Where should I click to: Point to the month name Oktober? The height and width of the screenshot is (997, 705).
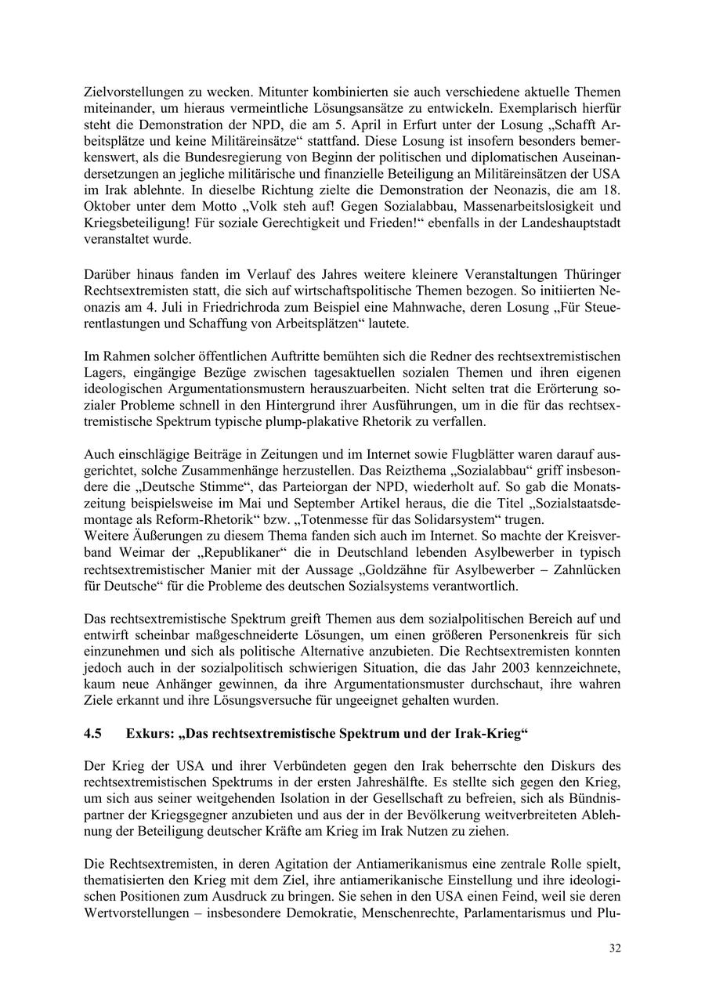[x=108, y=206]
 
